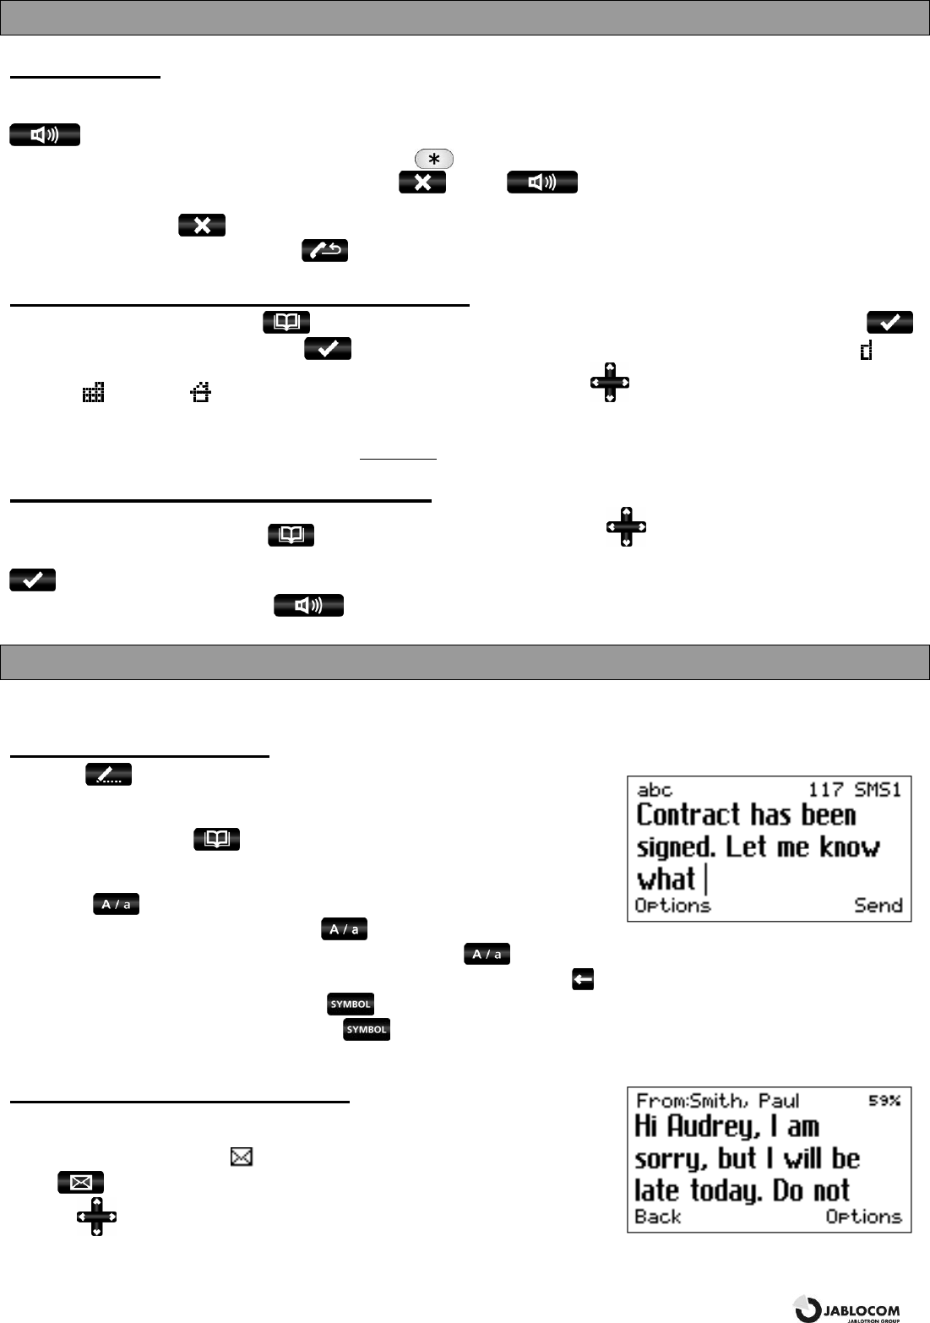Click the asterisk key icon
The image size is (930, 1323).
tap(434, 159)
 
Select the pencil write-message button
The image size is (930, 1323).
tap(109, 775)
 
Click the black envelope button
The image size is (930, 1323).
tap(81, 1182)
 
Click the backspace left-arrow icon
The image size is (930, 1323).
tap(583, 979)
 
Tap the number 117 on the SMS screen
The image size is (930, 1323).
tap(826, 790)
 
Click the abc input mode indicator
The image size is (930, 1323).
tap(655, 790)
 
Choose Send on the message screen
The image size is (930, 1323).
tap(878, 905)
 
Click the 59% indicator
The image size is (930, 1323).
tap(885, 1100)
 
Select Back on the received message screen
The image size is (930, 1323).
tap(658, 1217)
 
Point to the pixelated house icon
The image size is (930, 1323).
tap(199, 391)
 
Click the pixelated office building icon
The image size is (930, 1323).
tap(93, 391)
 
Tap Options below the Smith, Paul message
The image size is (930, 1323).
tap(863, 1217)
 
